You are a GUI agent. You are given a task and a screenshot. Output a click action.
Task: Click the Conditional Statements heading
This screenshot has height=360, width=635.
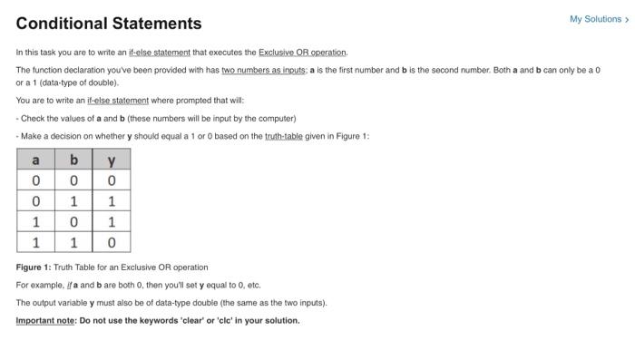click(109, 23)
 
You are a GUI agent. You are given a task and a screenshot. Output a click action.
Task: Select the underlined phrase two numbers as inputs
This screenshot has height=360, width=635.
click(259, 69)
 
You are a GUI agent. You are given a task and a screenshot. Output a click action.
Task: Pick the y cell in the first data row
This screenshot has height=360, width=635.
click(112, 180)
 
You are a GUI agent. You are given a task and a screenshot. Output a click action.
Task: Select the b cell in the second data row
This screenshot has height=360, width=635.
click(73, 200)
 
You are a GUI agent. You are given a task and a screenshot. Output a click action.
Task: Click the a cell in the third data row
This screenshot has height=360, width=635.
click(35, 221)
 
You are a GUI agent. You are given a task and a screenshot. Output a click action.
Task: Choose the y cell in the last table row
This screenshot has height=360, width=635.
click(112, 242)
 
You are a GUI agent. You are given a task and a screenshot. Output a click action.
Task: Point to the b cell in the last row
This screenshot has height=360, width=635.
click(73, 242)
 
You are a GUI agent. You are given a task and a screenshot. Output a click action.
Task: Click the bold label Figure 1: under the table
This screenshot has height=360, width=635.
click(34, 268)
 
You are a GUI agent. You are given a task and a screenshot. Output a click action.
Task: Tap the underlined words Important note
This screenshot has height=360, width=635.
click(45, 320)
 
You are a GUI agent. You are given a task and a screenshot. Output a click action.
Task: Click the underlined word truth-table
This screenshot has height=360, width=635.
click(287, 135)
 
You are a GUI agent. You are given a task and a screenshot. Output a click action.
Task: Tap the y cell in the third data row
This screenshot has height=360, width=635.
click(112, 221)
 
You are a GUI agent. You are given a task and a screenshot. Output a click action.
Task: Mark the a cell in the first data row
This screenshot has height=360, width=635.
click(35, 180)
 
